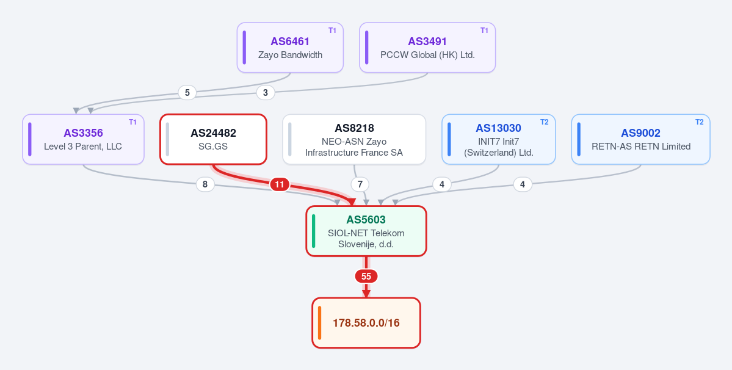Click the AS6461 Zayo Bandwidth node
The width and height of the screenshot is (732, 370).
pyautogui.click(x=290, y=48)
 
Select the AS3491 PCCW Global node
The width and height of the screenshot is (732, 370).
pyautogui.click(x=427, y=48)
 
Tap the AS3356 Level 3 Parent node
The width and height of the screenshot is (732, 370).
pyautogui.click(x=83, y=139)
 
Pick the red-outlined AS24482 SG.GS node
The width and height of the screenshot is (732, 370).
pyautogui.click(x=213, y=139)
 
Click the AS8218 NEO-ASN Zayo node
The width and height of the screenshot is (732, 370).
pyautogui.click(x=354, y=139)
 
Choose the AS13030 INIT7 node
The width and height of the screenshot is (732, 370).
pyautogui.click(x=499, y=139)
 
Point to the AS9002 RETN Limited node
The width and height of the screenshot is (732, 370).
pyautogui.click(x=640, y=139)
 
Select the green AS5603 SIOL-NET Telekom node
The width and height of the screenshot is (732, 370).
pyautogui.click(x=366, y=231)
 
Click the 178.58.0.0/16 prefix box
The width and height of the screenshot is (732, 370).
pyautogui.click(x=366, y=323)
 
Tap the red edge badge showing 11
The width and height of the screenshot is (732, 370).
pyautogui.click(x=279, y=185)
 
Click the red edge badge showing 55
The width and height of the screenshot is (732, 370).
pyautogui.click(x=366, y=277)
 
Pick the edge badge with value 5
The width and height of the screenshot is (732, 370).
pyautogui.click(x=187, y=92)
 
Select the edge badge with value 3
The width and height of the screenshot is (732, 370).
pyautogui.click(x=266, y=92)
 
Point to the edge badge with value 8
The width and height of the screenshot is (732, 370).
pyautogui.click(x=205, y=185)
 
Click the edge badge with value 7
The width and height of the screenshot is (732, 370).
pyautogui.click(x=360, y=185)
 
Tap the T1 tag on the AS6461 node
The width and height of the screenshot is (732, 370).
pyautogui.click(x=332, y=31)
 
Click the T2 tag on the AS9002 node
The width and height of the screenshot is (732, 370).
pyautogui.click(x=699, y=122)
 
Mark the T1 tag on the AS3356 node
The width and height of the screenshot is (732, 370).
pyautogui.click(x=133, y=122)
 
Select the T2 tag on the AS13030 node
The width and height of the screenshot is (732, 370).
pyautogui.click(x=545, y=122)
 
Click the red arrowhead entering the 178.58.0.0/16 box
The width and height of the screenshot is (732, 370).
pyautogui.click(x=366, y=294)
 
